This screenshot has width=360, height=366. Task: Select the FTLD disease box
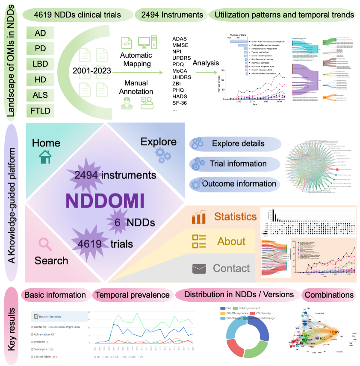click(41, 111)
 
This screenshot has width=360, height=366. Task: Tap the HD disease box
click(41, 80)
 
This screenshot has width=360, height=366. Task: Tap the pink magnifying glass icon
click(45, 243)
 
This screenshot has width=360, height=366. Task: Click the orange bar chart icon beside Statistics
click(199, 217)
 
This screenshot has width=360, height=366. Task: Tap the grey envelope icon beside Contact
click(199, 269)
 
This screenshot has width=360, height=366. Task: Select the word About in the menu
click(231, 242)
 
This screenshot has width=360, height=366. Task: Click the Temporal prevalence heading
click(133, 295)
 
